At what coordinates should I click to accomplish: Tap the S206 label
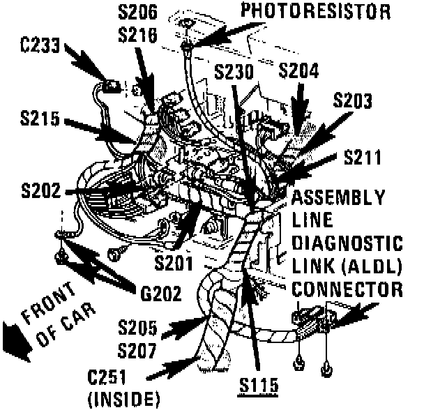pos(139,12)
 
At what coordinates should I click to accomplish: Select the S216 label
pos(139,33)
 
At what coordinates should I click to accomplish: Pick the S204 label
pos(299,70)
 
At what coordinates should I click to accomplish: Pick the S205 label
pos(139,326)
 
